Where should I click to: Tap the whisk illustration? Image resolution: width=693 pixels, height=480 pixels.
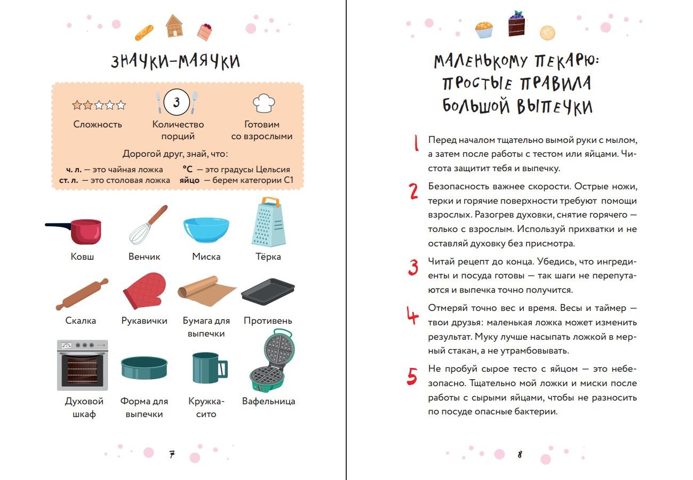[x=148, y=225]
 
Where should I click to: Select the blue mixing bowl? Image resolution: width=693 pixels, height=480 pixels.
[x=206, y=230]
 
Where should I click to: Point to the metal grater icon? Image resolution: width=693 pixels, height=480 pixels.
[x=268, y=222]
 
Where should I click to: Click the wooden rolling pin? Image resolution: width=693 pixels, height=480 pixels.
[x=82, y=294]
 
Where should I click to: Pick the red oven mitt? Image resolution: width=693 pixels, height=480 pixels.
[x=145, y=291]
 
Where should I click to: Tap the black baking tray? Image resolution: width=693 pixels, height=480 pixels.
[x=268, y=292]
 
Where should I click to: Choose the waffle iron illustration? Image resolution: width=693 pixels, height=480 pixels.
[x=272, y=361]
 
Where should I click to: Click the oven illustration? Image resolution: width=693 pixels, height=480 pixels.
[x=83, y=365]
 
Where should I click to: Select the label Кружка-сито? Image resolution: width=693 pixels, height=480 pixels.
[x=206, y=407]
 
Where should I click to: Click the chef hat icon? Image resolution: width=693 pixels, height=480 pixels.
[x=264, y=103]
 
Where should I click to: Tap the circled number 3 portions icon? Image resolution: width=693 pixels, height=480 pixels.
[x=177, y=102]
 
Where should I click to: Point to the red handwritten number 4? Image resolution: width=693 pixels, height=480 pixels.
[x=413, y=315]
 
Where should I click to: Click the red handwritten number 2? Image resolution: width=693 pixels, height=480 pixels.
[x=413, y=191]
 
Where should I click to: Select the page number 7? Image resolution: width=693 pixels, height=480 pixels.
[x=172, y=454]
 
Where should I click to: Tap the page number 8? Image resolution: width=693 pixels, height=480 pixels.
[x=520, y=454]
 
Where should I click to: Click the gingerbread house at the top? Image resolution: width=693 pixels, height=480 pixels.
[x=174, y=26]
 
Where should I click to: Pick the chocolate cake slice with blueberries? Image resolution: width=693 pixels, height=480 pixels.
[x=517, y=24]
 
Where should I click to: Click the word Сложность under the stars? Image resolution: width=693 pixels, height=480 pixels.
[x=98, y=124]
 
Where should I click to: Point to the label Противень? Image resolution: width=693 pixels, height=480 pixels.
[x=268, y=321]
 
